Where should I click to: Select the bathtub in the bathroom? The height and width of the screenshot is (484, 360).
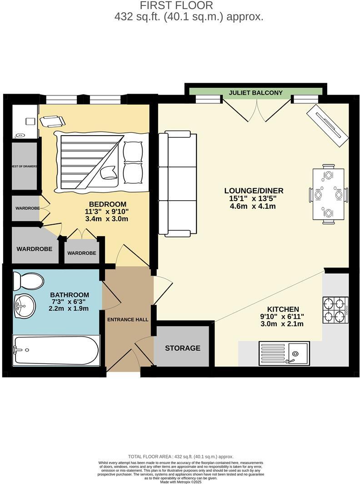tap(56, 350)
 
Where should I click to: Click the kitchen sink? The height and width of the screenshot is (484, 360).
tap(284, 353)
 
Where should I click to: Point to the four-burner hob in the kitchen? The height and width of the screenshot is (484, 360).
tap(335, 310)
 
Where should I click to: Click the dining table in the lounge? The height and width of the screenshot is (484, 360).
tap(328, 195)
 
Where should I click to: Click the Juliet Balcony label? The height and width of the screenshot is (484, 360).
tap(255, 93)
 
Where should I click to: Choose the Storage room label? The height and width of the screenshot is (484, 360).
tap(182, 348)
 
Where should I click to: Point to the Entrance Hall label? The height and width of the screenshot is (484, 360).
tap(128, 319)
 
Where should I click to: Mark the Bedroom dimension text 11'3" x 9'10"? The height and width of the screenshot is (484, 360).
tap(107, 212)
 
